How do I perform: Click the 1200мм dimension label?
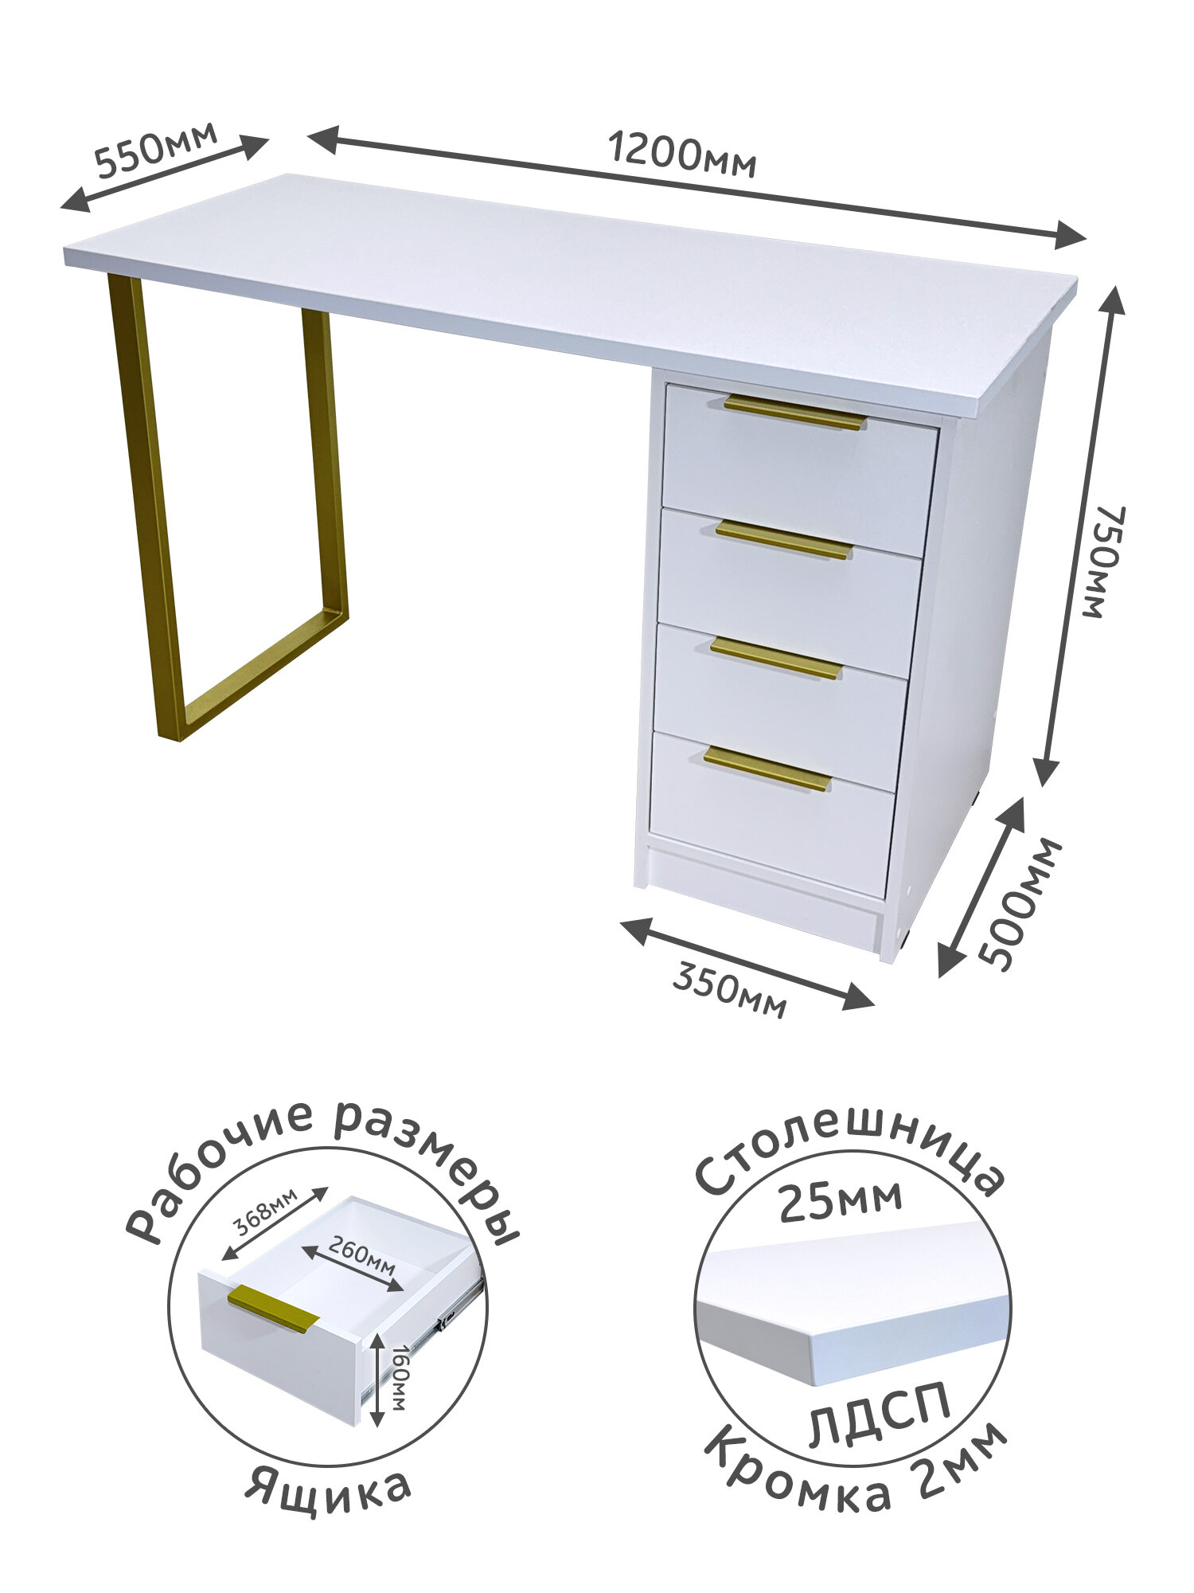681,155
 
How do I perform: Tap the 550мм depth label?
156,148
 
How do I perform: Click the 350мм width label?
729,989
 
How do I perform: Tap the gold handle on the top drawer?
794,412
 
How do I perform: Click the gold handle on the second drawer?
784,539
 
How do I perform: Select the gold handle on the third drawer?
776,658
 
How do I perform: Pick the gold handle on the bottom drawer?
767,769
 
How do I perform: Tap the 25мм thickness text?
841,1200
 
